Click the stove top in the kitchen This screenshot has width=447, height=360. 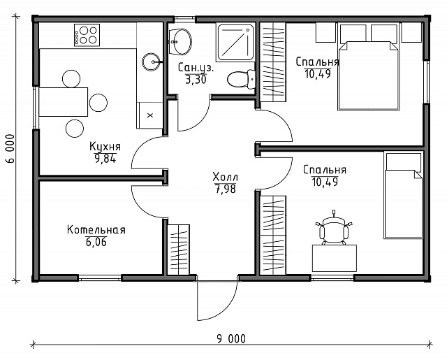click(87, 35)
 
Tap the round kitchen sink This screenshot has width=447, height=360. click(152, 62)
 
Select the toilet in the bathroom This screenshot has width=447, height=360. click(242, 79)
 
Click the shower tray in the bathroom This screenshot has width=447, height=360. click(235, 42)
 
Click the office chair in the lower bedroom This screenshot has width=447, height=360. click(334, 229)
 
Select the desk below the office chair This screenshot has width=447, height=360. click(335, 258)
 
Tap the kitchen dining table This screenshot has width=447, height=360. click(64, 102)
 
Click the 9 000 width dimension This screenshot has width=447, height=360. click(231, 339)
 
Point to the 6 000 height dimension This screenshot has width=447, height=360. click(10, 148)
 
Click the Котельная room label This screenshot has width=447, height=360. click(96, 230)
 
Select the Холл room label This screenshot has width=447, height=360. click(225, 177)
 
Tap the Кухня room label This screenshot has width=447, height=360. click(105, 147)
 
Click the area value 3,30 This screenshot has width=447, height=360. click(196, 80)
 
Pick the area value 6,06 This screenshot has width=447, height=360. click(96, 242)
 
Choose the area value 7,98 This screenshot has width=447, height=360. click(226, 189)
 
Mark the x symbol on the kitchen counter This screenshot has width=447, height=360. click(150, 115)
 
